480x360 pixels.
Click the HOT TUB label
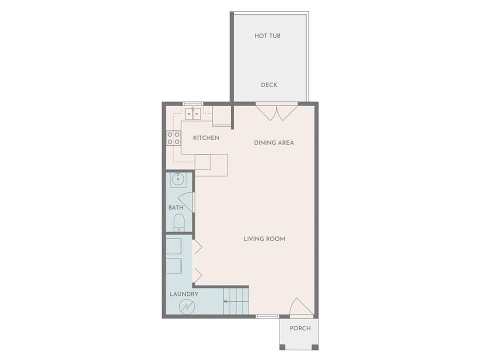point(267,36)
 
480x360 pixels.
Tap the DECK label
point(269,85)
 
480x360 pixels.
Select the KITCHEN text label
point(206,138)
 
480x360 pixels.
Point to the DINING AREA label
point(274,143)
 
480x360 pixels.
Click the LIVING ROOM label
point(264,239)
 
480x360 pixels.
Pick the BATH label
point(175,208)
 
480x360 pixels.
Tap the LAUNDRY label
point(183,294)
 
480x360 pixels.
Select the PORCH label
point(300,328)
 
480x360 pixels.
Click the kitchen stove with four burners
point(173,138)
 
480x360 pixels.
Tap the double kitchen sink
point(192,114)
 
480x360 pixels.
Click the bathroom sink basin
point(178,179)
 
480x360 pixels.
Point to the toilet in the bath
point(178,222)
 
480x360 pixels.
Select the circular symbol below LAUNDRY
point(187,306)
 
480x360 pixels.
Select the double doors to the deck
point(276,111)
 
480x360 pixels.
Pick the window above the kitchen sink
point(192,104)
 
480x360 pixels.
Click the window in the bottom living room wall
point(267,316)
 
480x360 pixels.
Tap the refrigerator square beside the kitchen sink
point(221,115)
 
